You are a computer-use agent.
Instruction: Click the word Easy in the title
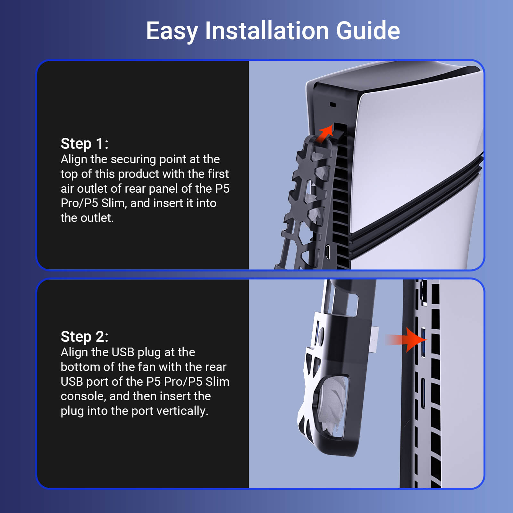point(172,31)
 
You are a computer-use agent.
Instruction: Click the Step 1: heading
point(84,144)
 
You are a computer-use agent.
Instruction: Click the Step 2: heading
point(84,337)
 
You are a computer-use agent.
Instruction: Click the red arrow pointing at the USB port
point(406,340)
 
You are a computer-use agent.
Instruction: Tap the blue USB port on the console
point(424,343)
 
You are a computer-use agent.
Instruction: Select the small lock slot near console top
point(332,105)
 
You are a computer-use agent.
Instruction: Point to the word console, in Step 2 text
point(83,396)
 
